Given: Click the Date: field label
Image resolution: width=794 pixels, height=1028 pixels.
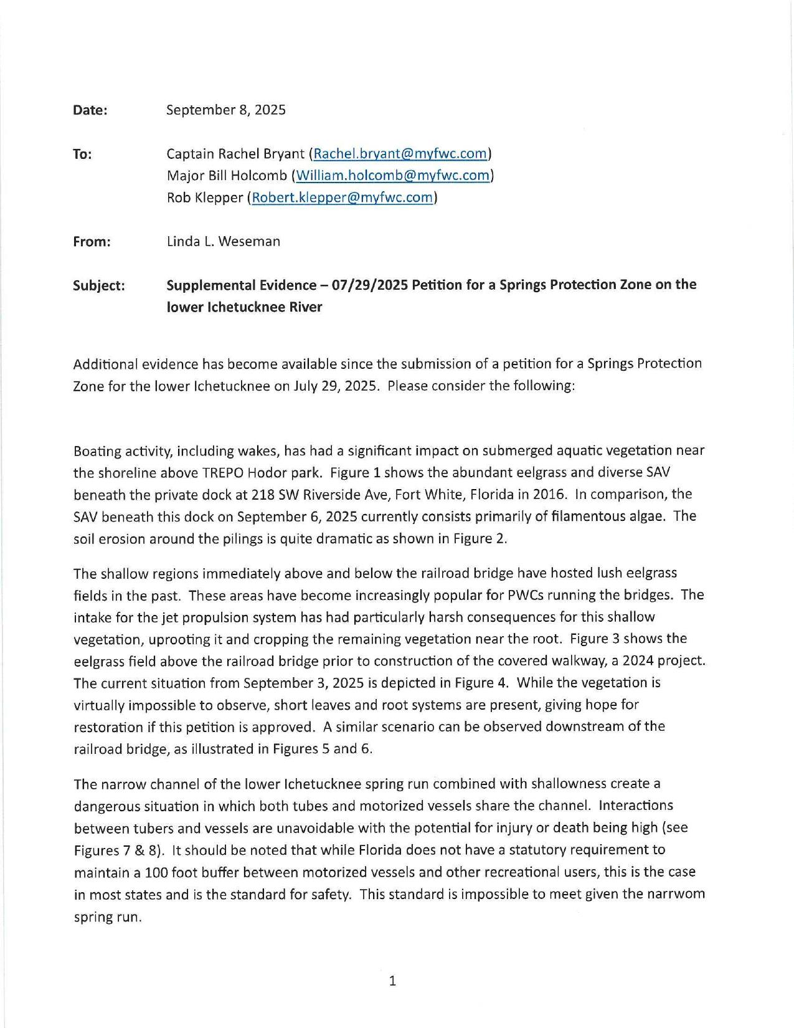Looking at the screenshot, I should point(90,110).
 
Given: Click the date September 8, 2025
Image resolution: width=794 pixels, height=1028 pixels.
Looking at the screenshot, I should point(226,110).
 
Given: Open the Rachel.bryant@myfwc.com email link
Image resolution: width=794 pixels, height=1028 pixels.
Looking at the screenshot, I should point(400,153).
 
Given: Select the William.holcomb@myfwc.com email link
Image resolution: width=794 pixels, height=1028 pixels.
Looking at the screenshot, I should point(392,176).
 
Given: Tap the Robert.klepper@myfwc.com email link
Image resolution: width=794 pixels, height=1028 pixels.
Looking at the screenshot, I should point(342,198).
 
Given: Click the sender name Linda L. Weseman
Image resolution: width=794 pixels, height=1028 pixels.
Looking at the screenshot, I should point(223,241).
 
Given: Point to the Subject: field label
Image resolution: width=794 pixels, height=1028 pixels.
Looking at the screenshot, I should point(98,285).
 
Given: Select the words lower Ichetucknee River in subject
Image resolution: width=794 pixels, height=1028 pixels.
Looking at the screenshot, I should point(244,307).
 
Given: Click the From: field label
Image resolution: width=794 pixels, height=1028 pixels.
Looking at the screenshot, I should point(92,241).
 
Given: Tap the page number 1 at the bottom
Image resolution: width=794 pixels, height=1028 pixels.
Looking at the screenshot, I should point(392,981).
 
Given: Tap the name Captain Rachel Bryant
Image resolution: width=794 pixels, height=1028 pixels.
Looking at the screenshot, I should point(235,153).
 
